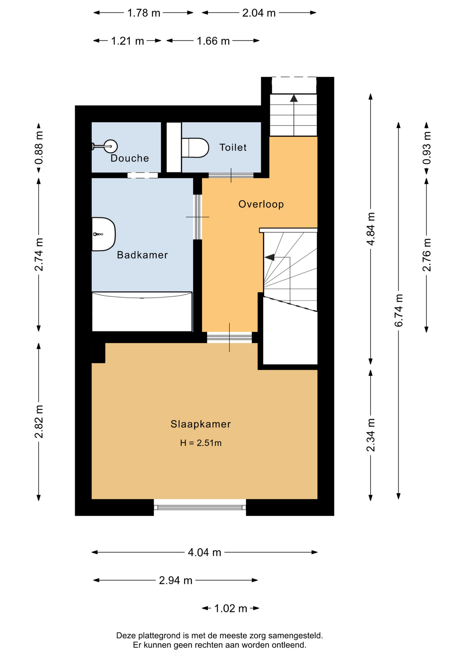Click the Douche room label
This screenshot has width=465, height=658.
click(x=129, y=158)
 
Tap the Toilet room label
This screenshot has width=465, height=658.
click(x=233, y=147)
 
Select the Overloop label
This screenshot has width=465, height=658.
click(x=261, y=204)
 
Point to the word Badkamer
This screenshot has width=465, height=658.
click(x=142, y=255)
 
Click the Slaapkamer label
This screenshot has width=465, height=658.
click(x=201, y=424)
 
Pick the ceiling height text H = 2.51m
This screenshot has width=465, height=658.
click(x=201, y=443)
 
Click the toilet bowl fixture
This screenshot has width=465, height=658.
click(x=195, y=148)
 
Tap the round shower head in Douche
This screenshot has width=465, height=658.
click(x=111, y=146)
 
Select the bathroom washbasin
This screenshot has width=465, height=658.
click(x=103, y=234)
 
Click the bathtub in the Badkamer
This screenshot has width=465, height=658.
click(x=142, y=312)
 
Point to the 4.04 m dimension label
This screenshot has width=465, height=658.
click(x=204, y=552)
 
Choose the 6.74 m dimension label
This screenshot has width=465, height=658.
click(x=399, y=310)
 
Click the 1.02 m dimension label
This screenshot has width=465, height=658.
click(x=230, y=609)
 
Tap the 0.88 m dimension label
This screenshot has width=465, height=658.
click(x=39, y=148)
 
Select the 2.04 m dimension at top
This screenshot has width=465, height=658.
click(x=259, y=13)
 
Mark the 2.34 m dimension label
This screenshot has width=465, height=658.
click(x=370, y=435)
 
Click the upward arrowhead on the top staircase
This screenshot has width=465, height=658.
click(x=294, y=98)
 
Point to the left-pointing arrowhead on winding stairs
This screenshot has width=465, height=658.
click(x=269, y=257)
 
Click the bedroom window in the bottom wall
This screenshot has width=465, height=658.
click(x=200, y=507)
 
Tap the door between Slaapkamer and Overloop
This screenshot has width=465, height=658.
click(x=229, y=338)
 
